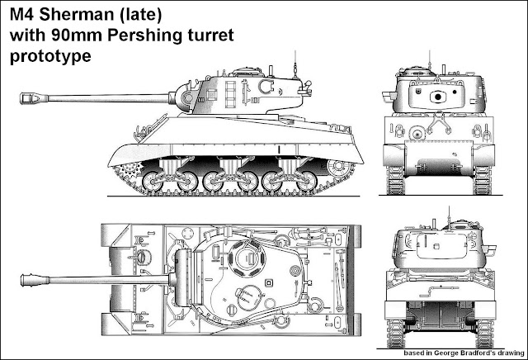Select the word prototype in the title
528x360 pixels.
50,56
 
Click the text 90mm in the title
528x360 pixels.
77,36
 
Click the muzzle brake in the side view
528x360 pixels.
34,98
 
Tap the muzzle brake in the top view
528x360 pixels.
35,280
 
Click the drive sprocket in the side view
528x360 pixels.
130,171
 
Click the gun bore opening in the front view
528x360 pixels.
438,97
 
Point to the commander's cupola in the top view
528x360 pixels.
247,258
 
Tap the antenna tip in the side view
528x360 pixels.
295,51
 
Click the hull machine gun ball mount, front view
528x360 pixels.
417,134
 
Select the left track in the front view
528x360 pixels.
394,180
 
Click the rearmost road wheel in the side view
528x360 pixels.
307,182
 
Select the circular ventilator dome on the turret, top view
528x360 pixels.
295,270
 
